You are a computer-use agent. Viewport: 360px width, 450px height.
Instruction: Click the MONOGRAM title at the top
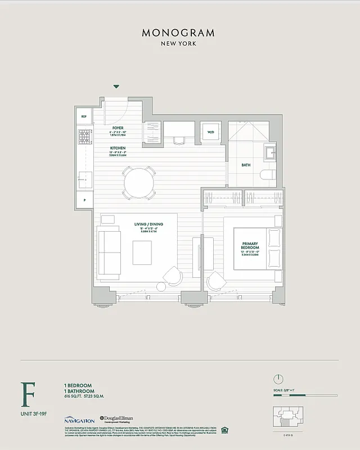click(178, 33)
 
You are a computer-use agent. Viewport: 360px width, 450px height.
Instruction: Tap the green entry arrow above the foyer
click(116, 87)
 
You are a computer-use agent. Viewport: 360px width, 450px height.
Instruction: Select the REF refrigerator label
click(84, 116)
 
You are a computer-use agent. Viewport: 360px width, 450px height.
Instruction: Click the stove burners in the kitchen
click(85, 136)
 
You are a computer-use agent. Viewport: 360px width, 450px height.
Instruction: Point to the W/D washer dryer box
click(211, 132)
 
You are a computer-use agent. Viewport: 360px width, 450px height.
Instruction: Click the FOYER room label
click(117, 127)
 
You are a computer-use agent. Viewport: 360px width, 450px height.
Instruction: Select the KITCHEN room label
click(118, 148)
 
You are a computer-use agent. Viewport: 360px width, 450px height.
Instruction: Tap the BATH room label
click(246, 165)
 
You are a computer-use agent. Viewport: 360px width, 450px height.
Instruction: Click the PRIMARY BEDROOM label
click(250, 246)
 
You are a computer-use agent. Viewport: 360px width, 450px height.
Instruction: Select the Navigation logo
click(79, 420)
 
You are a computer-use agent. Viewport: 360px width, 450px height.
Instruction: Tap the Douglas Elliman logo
click(117, 419)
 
